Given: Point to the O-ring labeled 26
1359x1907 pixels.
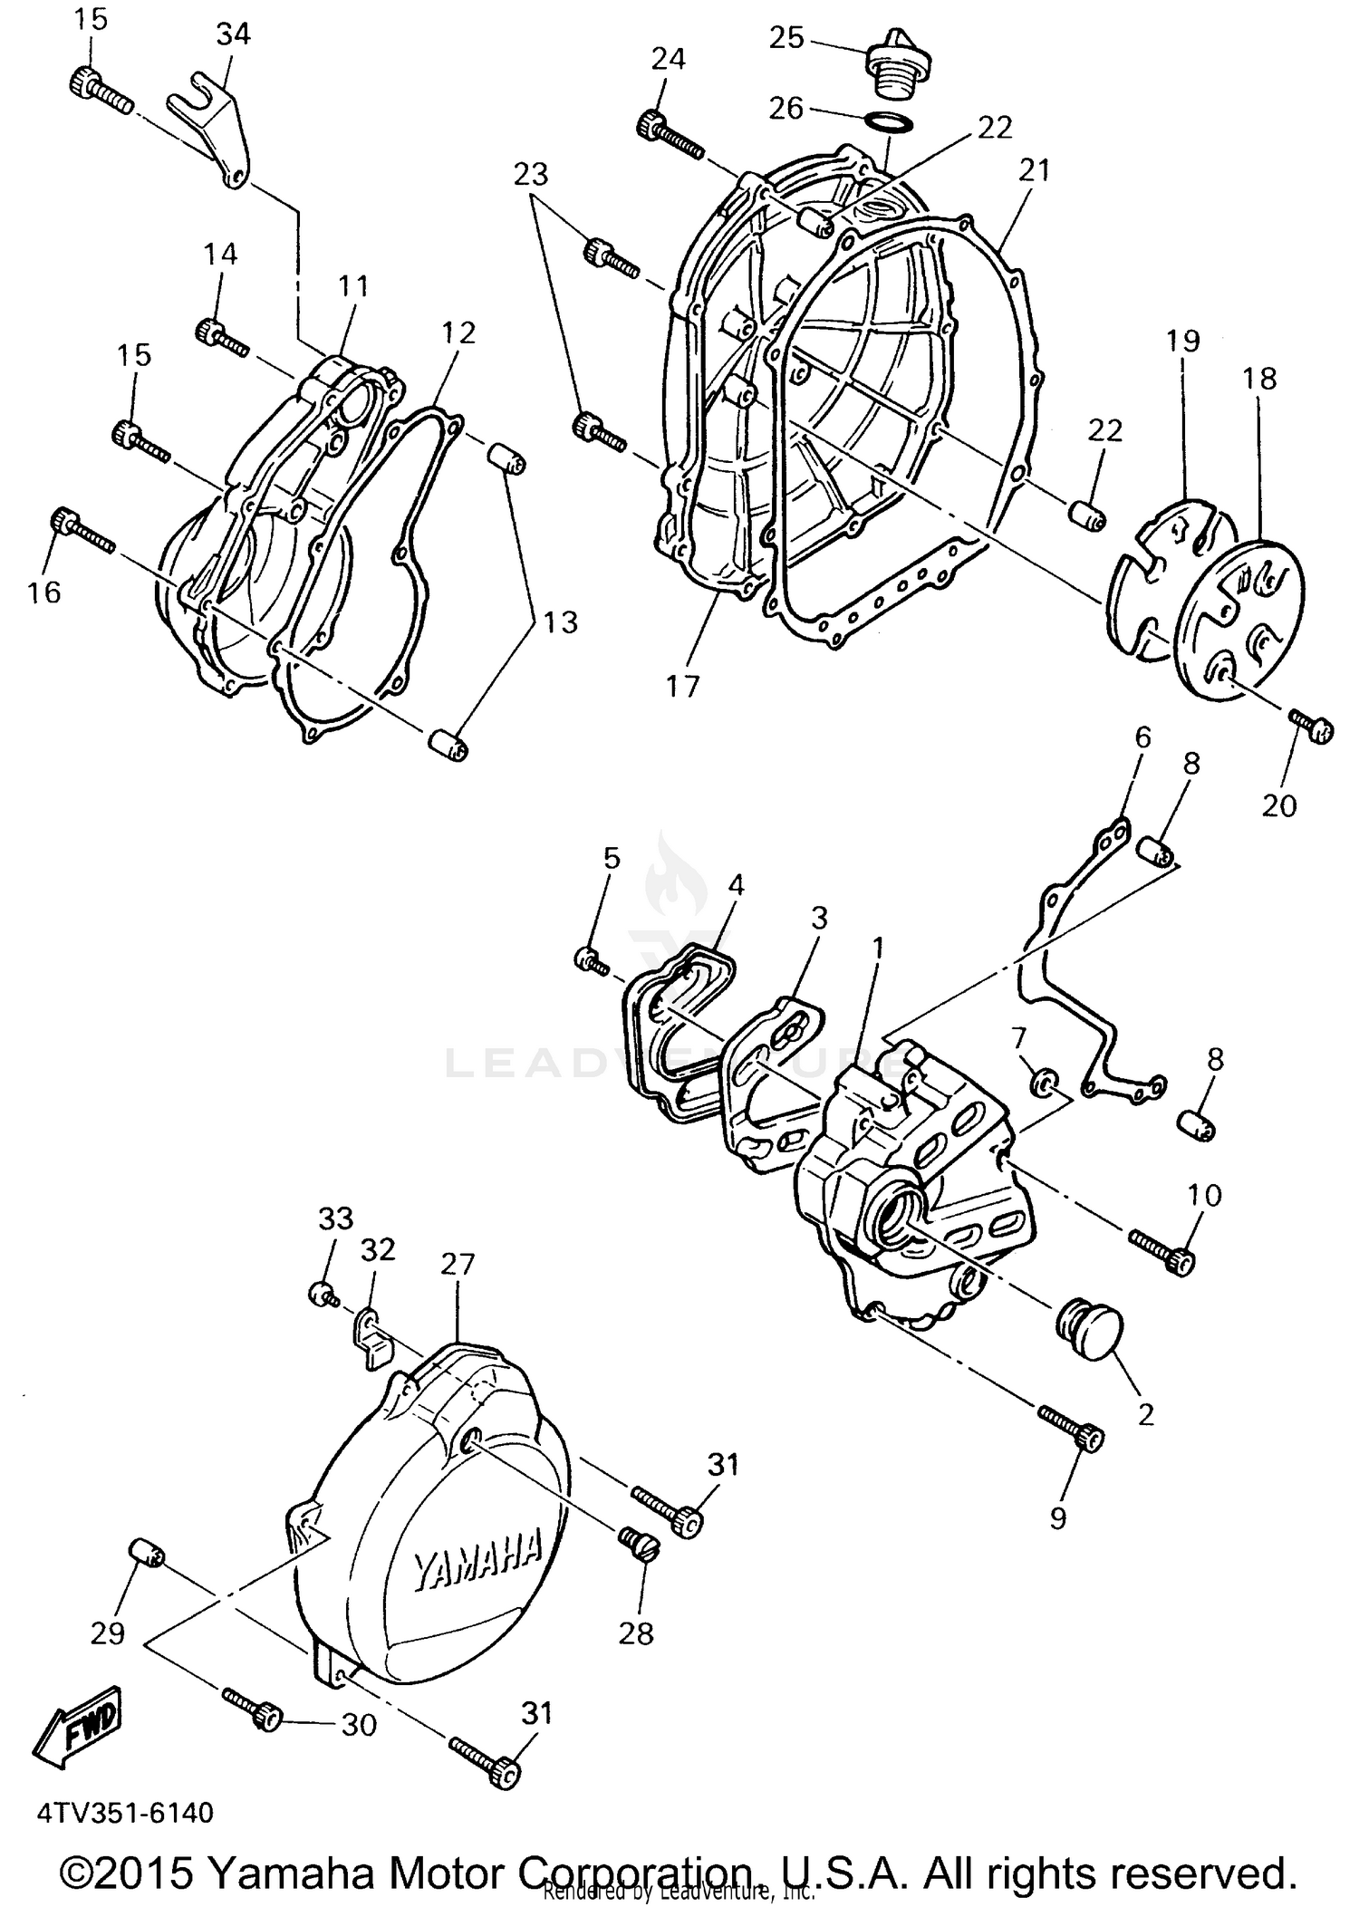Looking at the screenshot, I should coord(889,123).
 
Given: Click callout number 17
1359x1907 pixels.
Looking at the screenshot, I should coord(683,686).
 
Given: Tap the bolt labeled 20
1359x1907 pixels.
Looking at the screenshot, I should coord(1310,725).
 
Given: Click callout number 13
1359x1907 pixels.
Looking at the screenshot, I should coord(561,622).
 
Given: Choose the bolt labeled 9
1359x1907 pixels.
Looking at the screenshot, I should coord(1072,1428).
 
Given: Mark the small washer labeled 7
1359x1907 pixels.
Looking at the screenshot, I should coord(1045,1081).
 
